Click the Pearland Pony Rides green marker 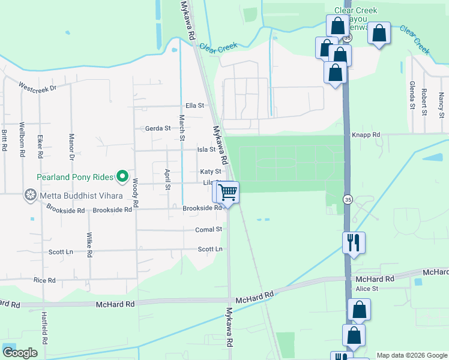coord(123,176)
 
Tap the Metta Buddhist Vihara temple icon coord(29,195)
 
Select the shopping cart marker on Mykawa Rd coord(228,193)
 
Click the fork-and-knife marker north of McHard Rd coord(354,243)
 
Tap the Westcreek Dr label coord(37,88)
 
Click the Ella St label coord(195,106)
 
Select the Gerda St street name coord(158,128)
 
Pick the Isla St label coord(206,149)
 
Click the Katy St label coord(211,172)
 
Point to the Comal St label coord(209,229)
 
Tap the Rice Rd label coord(44,280)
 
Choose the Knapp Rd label coord(366,135)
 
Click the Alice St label coord(367,289)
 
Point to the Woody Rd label coord(136,193)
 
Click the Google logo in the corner coord(20,353)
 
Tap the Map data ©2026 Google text coord(411,355)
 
